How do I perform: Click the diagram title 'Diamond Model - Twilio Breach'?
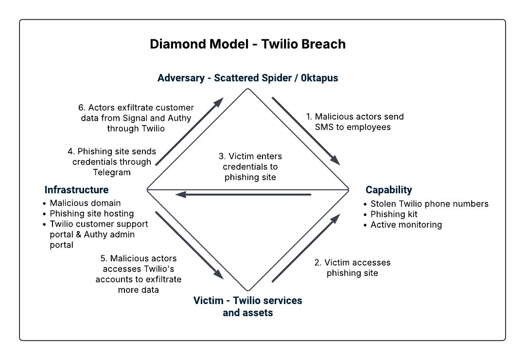[x=248, y=44]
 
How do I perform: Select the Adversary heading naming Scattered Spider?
[x=248, y=78]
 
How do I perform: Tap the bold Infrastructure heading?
[x=76, y=190]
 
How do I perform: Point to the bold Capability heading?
[x=389, y=190]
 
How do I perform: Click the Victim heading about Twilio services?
[x=248, y=306]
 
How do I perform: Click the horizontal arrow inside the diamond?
[x=243, y=195]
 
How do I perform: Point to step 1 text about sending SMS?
[x=355, y=122]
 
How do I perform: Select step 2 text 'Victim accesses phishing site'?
[x=352, y=268]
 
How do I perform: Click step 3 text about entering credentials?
[x=250, y=166]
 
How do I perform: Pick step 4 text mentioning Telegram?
[x=112, y=162]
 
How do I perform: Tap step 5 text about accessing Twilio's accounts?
[x=138, y=274]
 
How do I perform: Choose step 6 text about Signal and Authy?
[x=136, y=118]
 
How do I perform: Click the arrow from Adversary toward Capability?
[x=306, y=131]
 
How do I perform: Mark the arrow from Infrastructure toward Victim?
[x=190, y=245]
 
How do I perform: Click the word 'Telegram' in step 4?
[x=112, y=172]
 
